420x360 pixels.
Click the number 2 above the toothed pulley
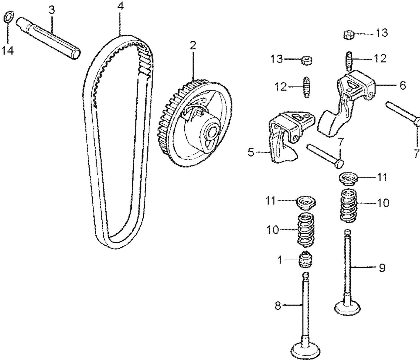[193, 46]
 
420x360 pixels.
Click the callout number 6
[403, 86]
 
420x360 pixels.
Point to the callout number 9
[382, 268]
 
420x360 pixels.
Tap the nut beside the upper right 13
[348, 35]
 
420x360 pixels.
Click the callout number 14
[8, 51]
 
